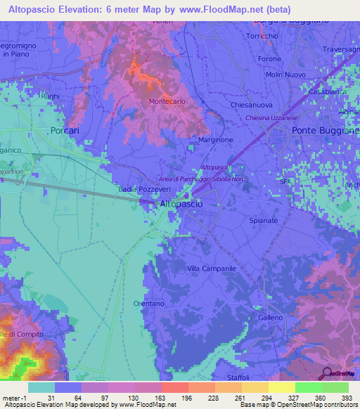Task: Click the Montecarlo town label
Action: click(x=167, y=102)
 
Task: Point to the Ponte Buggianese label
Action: click(x=326, y=131)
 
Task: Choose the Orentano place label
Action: click(x=148, y=304)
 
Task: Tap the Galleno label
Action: click(x=270, y=318)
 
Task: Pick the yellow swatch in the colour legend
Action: click(x=282, y=387)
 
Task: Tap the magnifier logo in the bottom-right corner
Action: click(x=326, y=373)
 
